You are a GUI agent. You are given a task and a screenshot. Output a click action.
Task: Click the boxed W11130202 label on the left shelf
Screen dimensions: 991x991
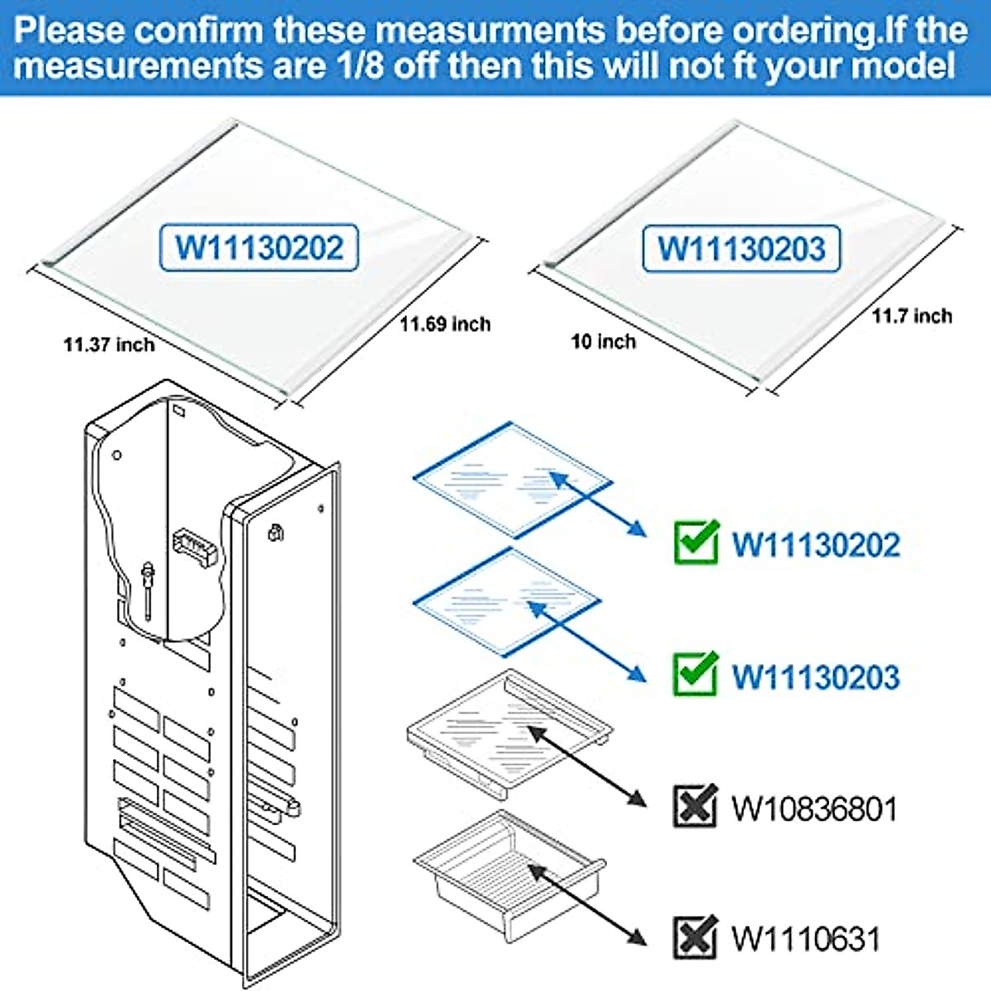click(x=258, y=248)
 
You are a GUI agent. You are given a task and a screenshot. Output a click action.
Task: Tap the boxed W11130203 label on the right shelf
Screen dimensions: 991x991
click(x=741, y=249)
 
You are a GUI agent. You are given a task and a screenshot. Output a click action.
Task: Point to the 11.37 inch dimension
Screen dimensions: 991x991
click(x=109, y=344)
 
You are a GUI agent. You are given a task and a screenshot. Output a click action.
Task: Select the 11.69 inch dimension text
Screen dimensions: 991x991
click(x=445, y=324)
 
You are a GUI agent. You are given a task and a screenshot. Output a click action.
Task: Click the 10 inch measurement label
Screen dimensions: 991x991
click(x=604, y=341)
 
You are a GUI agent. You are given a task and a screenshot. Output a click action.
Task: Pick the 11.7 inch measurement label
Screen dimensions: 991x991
click(x=912, y=315)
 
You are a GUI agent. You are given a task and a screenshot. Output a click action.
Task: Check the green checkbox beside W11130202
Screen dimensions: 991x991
click(x=695, y=543)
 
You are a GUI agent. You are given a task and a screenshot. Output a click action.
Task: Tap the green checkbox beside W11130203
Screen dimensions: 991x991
click(x=695, y=674)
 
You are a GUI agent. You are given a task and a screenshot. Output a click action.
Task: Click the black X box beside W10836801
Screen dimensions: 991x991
click(x=695, y=807)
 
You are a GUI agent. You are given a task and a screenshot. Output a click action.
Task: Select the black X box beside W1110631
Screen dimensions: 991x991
click(x=695, y=937)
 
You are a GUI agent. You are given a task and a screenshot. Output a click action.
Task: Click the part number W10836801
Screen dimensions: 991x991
click(x=814, y=808)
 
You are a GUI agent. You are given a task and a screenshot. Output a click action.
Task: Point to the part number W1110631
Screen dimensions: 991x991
click(x=805, y=939)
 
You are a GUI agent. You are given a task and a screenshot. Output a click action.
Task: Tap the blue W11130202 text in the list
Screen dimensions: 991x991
click(x=816, y=545)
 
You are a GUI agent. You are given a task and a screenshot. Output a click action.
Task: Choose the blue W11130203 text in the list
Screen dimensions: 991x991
click(x=816, y=676)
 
